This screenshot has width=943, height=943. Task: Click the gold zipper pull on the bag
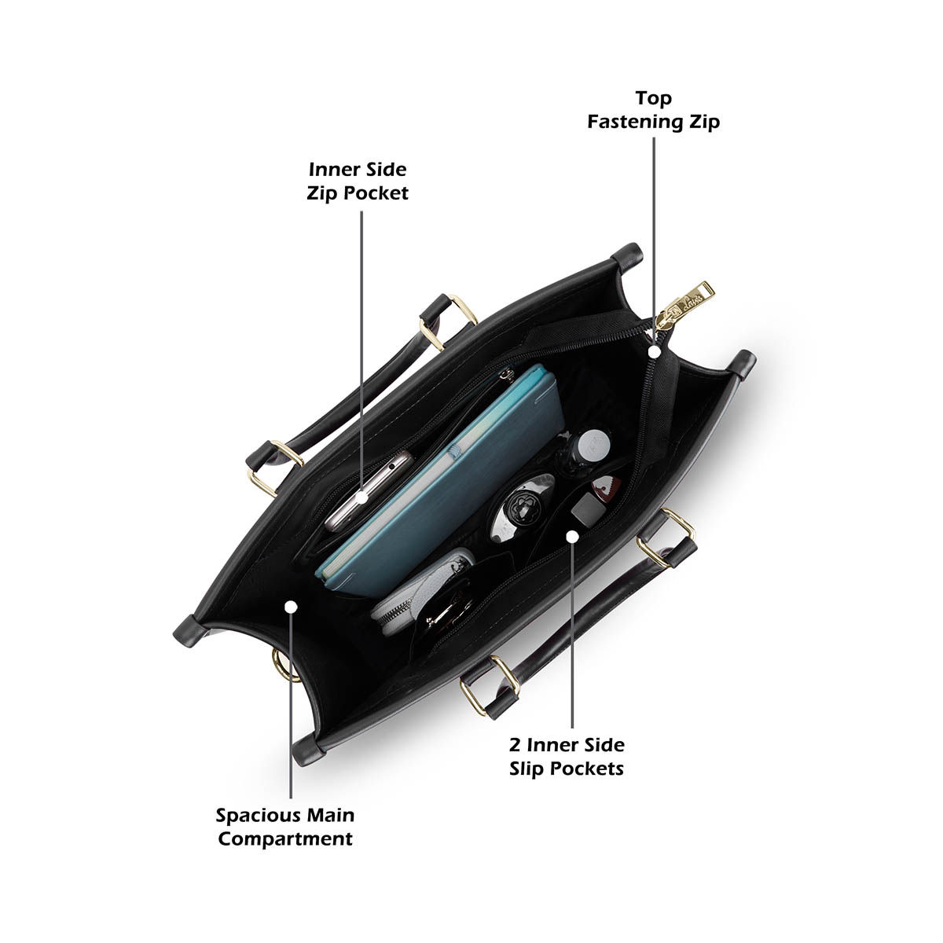coord(689,302)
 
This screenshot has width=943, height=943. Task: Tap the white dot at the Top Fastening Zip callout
coord(654,353)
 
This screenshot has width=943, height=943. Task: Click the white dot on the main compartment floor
coord(291,607)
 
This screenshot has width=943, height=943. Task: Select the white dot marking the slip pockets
coord(572,536)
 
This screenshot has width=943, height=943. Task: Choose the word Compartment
coord(285,839)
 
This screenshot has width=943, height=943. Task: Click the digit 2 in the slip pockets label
coord(513,744)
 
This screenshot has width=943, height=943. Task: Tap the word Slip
coord(527,769)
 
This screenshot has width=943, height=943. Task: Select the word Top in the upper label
coord(654,98)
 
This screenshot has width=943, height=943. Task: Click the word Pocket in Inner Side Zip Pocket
coord(378,193)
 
